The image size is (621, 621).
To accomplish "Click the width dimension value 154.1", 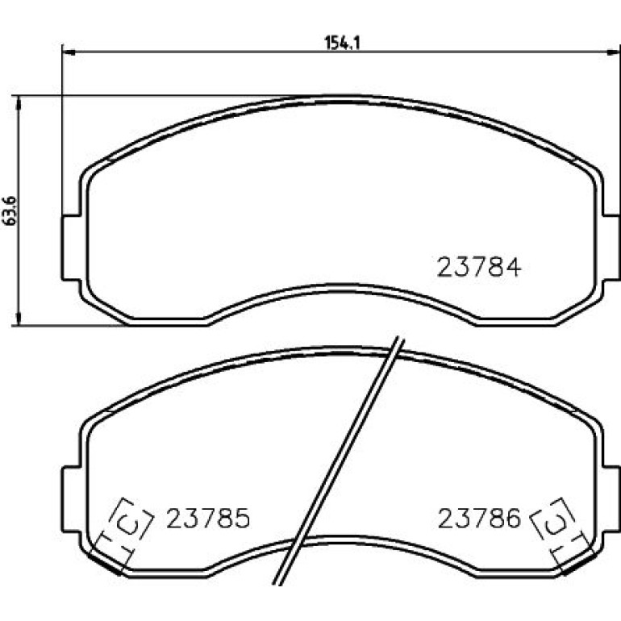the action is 342,43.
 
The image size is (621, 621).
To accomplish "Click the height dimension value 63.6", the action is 10,210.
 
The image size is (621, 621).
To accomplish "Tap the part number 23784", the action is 478,267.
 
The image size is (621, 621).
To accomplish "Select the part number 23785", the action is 208,518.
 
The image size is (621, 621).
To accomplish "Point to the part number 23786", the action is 478,518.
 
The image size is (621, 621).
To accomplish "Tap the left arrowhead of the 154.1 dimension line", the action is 69,52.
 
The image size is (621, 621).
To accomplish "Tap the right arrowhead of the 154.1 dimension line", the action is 614,52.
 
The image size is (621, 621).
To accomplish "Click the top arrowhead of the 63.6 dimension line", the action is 18,102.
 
